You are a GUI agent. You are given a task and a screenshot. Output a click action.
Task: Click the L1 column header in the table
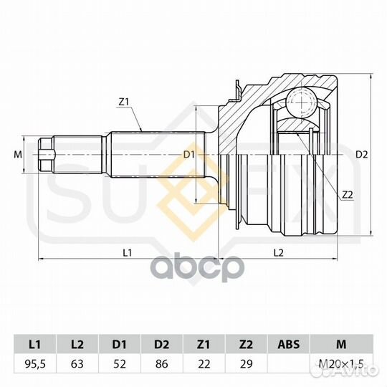tap(35, 344)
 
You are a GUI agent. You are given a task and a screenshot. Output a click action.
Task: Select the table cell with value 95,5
tap(35, 364)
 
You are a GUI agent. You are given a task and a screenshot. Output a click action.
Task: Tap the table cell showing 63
tap(77, 364)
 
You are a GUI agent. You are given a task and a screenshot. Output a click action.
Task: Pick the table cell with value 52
tap(119, 364)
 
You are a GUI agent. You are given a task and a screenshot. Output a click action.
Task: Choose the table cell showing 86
tap(162, 364)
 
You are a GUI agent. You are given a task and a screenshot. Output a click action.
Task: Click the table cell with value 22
tap(204, 364)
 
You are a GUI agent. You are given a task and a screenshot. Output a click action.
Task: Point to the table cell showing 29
tap(246, 364)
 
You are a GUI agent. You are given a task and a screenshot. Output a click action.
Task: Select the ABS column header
tap(288, 344)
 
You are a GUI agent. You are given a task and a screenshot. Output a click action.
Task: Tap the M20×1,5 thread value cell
tap(341, 364)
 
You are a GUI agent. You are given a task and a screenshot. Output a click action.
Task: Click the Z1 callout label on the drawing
tap(124, 102)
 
